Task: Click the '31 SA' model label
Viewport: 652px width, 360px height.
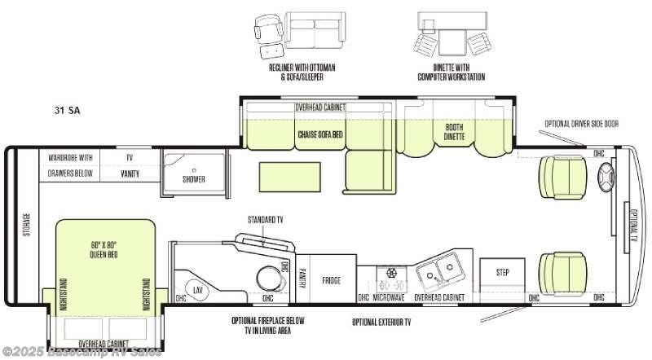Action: (x=68, y=109)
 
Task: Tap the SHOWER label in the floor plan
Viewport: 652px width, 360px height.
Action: (x=193, y=178)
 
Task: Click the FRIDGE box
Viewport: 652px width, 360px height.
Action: (x=332, y=279)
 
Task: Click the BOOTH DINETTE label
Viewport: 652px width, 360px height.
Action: (x=454, y=132)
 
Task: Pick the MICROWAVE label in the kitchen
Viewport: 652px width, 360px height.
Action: (x=390, y=298)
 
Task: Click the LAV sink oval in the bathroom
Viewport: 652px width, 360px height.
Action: (x=198, y=289)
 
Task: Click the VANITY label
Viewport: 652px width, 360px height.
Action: (x=130, y=173)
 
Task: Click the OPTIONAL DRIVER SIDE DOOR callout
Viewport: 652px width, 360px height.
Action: (x=582, y=123)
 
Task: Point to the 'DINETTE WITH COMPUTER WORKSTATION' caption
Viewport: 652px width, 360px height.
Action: (x=451, y=72)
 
